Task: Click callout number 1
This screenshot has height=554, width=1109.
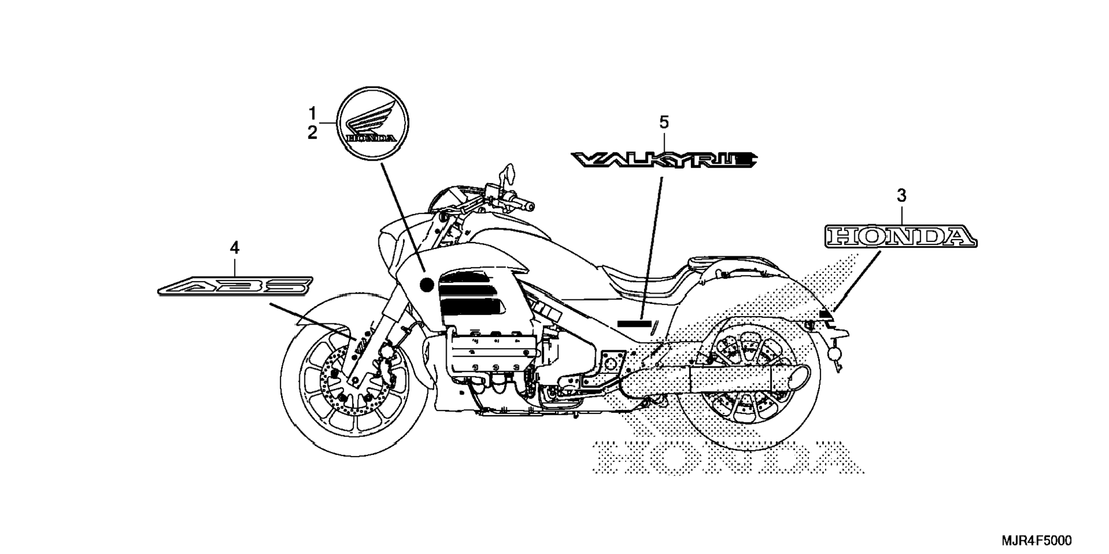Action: click(313, 112)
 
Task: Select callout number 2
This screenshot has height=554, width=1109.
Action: click(313, 133)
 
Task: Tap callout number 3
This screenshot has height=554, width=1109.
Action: click(901, 196)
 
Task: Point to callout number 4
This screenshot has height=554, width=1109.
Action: click(234, 248)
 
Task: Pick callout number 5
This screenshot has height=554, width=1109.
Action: click(663, 122)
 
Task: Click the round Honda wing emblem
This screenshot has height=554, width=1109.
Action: click(372, 123)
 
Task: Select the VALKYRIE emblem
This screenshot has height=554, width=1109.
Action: click(664, 159)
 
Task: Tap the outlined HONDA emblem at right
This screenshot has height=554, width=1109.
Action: click(901, 236)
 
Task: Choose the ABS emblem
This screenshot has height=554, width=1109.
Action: click(235, 285)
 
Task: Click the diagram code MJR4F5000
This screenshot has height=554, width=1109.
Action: click(1036, 541)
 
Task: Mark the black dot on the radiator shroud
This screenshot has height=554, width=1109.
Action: click(427, 284)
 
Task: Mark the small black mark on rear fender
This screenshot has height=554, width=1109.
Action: click(826, 314)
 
